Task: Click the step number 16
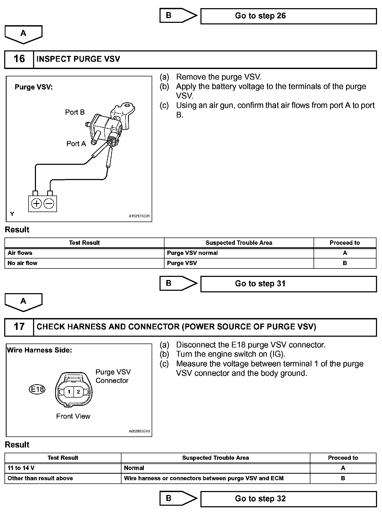19,59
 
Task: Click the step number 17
19,327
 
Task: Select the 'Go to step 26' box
288,16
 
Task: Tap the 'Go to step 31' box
288,284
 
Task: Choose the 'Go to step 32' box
288,499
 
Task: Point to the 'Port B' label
75,112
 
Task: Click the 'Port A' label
76,144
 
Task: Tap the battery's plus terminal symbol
36,204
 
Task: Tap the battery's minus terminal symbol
49,204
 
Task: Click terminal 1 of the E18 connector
69,392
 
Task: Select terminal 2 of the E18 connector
78,392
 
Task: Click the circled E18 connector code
37,389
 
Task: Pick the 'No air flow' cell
23,263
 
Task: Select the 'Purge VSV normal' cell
192,253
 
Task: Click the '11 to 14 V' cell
21,468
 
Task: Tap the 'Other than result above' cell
40,478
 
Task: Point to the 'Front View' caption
73,416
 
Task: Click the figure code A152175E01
139,216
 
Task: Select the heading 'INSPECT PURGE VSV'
78,59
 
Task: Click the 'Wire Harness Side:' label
40,350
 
